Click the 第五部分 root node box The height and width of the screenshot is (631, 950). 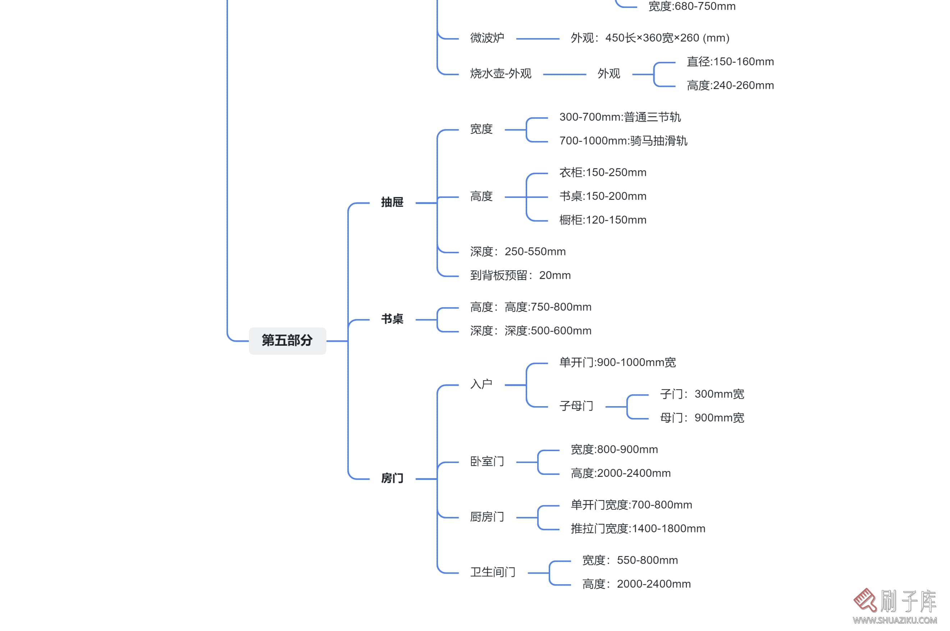point(287,340)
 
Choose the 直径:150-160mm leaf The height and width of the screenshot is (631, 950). point(730,62)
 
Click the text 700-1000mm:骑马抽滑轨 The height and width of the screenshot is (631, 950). point(623,141)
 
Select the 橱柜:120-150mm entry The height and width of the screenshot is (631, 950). point(603,220)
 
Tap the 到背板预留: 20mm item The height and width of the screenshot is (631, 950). point(520,275)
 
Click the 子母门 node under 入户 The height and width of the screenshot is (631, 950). point(576,406)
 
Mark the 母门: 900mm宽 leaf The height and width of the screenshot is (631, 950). point(702,418)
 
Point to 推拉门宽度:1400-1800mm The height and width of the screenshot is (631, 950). point(638,528)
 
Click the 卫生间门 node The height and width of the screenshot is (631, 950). point(492,572)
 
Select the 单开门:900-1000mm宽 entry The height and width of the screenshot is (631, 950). point(617,363)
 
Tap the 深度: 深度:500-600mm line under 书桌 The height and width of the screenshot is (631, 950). point(530,331)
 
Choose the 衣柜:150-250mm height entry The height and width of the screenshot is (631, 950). point(603,173)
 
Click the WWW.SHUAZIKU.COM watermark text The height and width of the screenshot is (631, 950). point(895,620)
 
